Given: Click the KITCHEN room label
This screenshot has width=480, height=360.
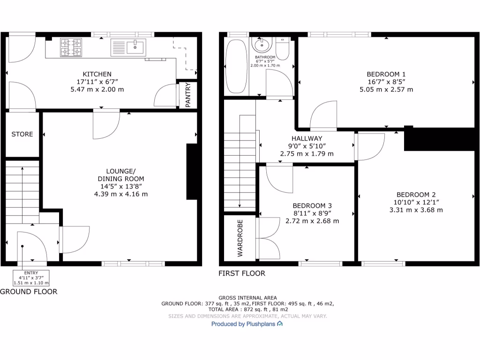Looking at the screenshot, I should pos(97,74).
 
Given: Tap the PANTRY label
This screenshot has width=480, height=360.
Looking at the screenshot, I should pos(188,96).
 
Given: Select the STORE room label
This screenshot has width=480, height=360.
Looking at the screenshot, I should pos(22,134).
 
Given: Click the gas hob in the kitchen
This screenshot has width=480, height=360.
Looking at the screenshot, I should pos(70,47).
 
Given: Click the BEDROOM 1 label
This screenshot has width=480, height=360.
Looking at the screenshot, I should pos(386,74).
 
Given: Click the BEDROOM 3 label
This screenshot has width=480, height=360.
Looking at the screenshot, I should pos(312,206).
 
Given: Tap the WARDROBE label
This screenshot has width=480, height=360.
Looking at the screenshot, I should pos(240,238).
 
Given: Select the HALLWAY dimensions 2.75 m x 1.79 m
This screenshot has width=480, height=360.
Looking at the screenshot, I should pos(307,154).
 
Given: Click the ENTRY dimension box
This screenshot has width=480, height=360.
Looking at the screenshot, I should pos(31,278).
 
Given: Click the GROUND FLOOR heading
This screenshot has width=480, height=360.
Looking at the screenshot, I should pos(29,292).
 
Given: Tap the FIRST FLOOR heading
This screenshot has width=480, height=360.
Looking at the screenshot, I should pos(242,273).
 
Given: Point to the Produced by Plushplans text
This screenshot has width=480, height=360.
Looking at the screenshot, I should pos(247,324).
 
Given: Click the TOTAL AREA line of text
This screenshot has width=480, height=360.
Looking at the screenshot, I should pos(247,310).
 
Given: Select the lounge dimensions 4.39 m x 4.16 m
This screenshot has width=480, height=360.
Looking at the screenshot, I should pos(120,194).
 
